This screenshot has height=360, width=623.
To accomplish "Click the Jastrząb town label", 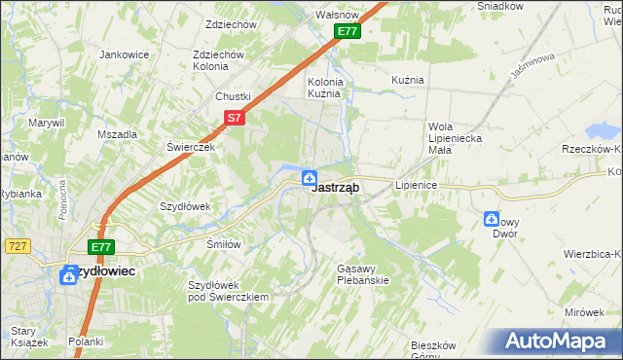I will coord(337,190).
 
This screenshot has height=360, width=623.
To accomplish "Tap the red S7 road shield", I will coord(234,118).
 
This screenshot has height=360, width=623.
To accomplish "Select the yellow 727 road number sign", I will coord(15,247).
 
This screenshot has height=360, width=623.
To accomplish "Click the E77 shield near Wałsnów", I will coord(348,31).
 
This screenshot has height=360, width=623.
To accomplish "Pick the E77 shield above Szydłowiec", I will coord(102,248).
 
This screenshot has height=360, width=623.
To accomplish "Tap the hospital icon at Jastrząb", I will coord(309,177).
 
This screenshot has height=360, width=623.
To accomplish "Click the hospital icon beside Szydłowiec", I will coord(69,275).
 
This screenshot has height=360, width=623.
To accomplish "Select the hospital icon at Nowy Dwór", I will coord(491,220).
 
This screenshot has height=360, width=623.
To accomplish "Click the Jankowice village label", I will coord(123,54).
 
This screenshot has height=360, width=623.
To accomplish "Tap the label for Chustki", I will coord(234,96).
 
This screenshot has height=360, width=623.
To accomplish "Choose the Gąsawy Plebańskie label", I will coord(362,273).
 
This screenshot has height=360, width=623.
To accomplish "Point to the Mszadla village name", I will coord(117,135).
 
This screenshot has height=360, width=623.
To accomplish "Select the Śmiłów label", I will coord(223,244).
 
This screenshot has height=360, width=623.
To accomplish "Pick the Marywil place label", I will coord(46,123).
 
